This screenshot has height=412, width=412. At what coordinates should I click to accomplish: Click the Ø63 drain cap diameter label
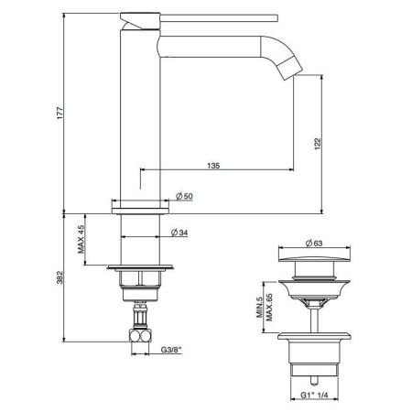click(x=313, y=242)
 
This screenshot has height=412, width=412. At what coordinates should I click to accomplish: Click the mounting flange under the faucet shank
click(x=138, y=269)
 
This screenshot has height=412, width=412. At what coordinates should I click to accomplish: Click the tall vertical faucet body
click(x=138, y=110)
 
